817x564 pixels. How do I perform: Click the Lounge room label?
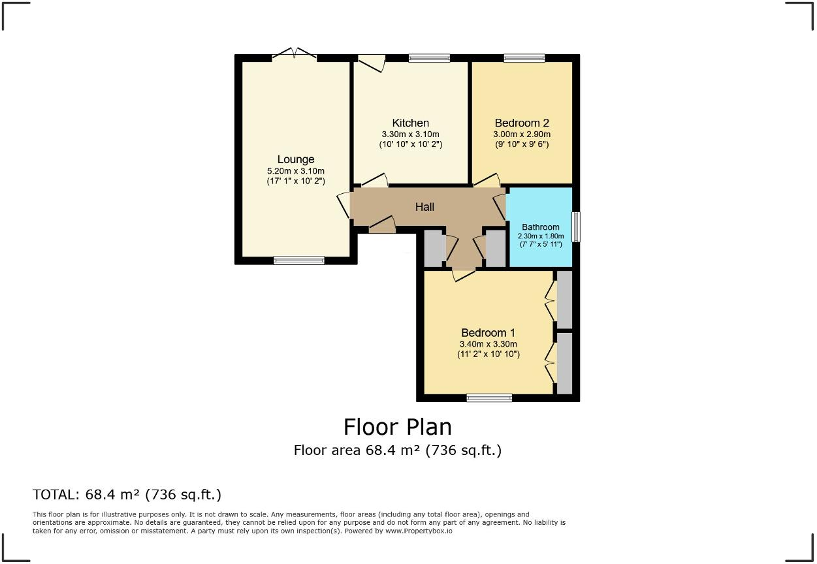pyautogui.click(x=295, y=159)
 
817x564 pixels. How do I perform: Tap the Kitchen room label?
pyautogui.click(x=410, y=123)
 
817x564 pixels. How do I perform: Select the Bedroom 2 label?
pyautogui.click(x=521, y=123)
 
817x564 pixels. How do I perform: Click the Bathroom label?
pyautogui.click(x=540, y=227)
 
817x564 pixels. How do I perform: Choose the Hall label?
pyautogui.click(x=425, y=207)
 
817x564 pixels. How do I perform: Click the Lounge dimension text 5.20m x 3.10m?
pyautogui.click(x=295, y=171)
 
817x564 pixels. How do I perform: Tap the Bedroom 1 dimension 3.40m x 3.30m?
pyautogui.click(x=488, y=344)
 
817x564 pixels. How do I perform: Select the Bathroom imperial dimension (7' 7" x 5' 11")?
pyautogui.click(x=540, y=244)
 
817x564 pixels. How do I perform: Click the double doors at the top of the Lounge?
pyautogui.click(x=295, y=54)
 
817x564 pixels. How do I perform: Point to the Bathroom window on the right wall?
pyautogui.click(x=575, y=227)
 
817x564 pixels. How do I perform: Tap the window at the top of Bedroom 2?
pyautogui.click(x=524, y=58)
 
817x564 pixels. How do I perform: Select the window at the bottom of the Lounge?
pyautogui.click(x=298, y=260)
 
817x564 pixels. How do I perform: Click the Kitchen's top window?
pyautogui.click(x=429, y=58)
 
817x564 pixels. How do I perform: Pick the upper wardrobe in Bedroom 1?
pyautogui.click(x=564, y=299)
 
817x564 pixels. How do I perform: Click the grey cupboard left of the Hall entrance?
pyautogui.click(x=433, y=248)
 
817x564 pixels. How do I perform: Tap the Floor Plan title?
pyautogui.click(x=397, y=427)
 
